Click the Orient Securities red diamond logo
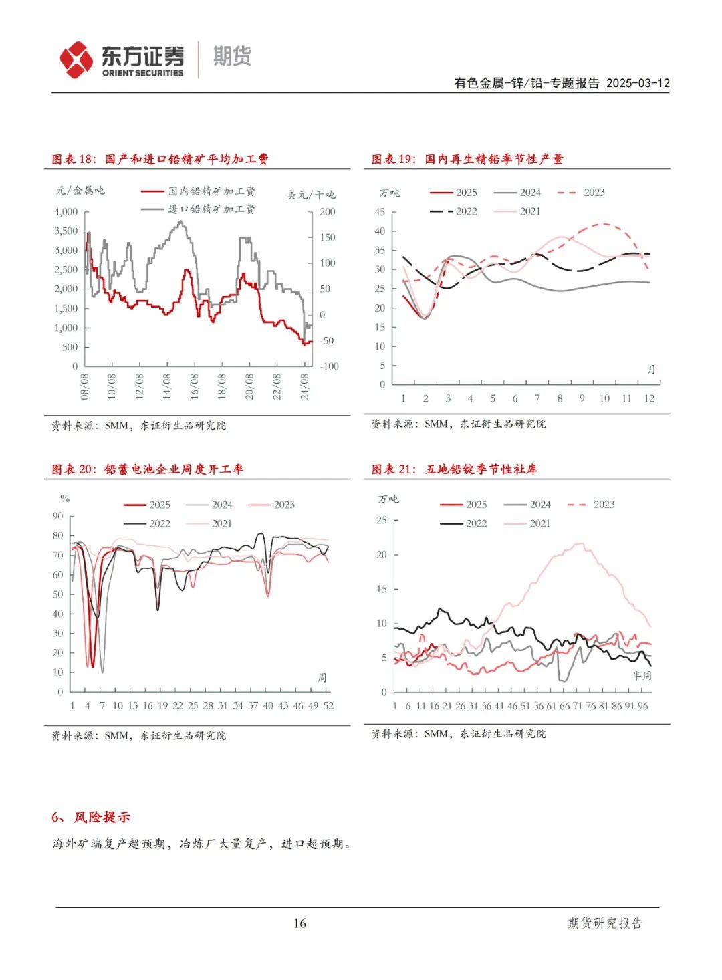[76, 60]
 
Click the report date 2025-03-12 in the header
[638, 83]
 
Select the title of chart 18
[160, 159]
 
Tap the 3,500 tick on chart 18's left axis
[66, 231]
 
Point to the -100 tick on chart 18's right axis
[329, 366]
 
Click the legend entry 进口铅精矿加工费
[199, 209]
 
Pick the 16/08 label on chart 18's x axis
[195, 386]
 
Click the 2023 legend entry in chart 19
[582, 193]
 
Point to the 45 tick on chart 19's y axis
[380, 212]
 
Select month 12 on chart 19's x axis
[649, 398]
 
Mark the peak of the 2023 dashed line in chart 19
[604, 224]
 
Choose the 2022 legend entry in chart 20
[147, 523]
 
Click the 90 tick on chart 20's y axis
[57, 516]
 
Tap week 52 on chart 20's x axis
[328, 705]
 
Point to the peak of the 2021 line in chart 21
[580, 543]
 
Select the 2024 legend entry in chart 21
[527, 505]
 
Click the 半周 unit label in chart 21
[642, 676]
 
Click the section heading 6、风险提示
[91, 818]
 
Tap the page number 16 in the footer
[299, 924]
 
